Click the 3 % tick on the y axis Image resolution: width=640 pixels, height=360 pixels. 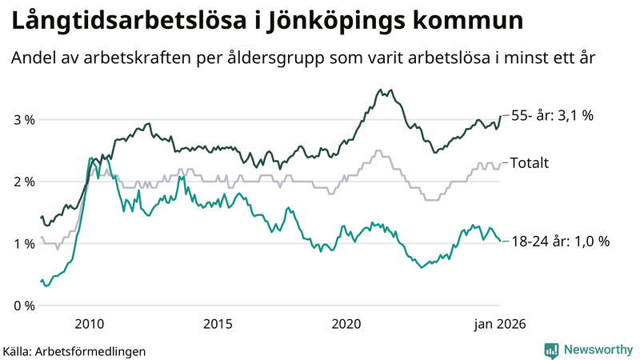(x=24, y=120)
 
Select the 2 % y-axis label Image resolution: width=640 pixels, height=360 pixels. (x=24, y=182)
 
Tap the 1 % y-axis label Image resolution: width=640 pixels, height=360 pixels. (x=24, y=243)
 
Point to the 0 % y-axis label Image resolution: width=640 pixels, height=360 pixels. (x=24, y=306)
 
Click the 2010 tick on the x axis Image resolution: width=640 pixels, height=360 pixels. (x=89, y=323)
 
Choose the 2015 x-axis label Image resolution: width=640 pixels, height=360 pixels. (x=218, y=323)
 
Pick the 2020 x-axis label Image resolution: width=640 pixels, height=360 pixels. (x=346, y=323)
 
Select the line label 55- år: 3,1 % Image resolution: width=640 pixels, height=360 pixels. (x=551, y=116)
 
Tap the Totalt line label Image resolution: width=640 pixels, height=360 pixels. (x=529, y=163)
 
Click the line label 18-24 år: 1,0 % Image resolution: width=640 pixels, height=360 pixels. (x=559, y=241)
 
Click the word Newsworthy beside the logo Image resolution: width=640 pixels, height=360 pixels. (x=597, y=350)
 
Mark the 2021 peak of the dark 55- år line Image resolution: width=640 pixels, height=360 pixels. (x=381, y=90)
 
